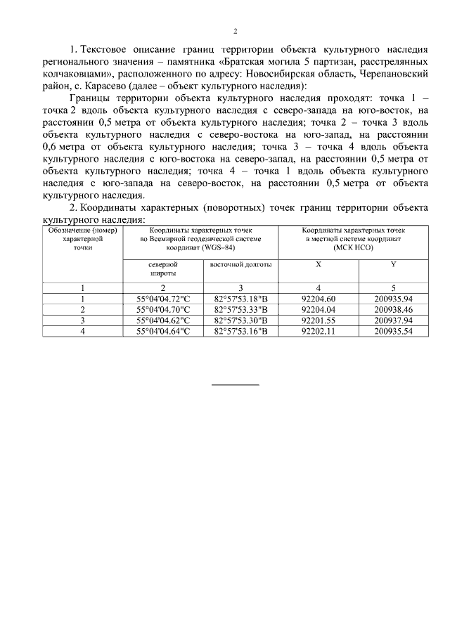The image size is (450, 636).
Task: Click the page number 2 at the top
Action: tap(236, 31)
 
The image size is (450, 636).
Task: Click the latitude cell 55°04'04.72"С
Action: tap(163, 299)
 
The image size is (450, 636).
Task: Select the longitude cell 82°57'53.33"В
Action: tap(240, 309)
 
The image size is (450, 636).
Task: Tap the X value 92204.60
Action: tap(318, 299)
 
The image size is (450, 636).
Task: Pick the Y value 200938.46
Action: tap(393, 309)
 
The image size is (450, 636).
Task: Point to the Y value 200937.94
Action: tap(393, 320)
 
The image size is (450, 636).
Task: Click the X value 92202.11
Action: tap(318, 330)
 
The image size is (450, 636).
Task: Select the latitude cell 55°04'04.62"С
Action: tap(163, 320)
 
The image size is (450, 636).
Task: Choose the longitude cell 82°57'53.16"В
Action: tap(240, 330)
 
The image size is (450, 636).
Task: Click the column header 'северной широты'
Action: tap(162, 269)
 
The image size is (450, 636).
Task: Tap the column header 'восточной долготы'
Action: tap(240, 264)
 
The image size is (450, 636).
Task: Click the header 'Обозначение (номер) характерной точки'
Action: tap(83, 239)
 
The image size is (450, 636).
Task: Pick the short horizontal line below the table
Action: tap(236, 384)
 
